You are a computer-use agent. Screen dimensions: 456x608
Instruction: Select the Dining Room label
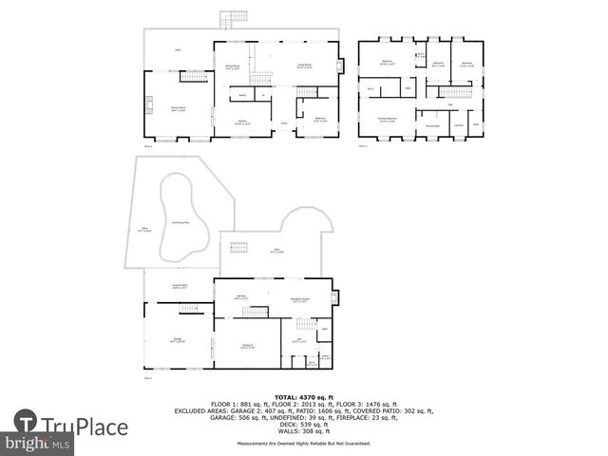coord(232,66)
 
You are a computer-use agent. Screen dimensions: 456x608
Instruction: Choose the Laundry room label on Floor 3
coord(458,125)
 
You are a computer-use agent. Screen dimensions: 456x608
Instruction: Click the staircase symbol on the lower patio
coord(239,247)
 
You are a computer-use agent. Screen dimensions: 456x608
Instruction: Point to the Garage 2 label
coord(247,346)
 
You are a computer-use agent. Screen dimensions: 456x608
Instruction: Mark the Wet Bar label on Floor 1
coord(241,298)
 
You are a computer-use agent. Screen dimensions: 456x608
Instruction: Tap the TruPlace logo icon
coord(26,424)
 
